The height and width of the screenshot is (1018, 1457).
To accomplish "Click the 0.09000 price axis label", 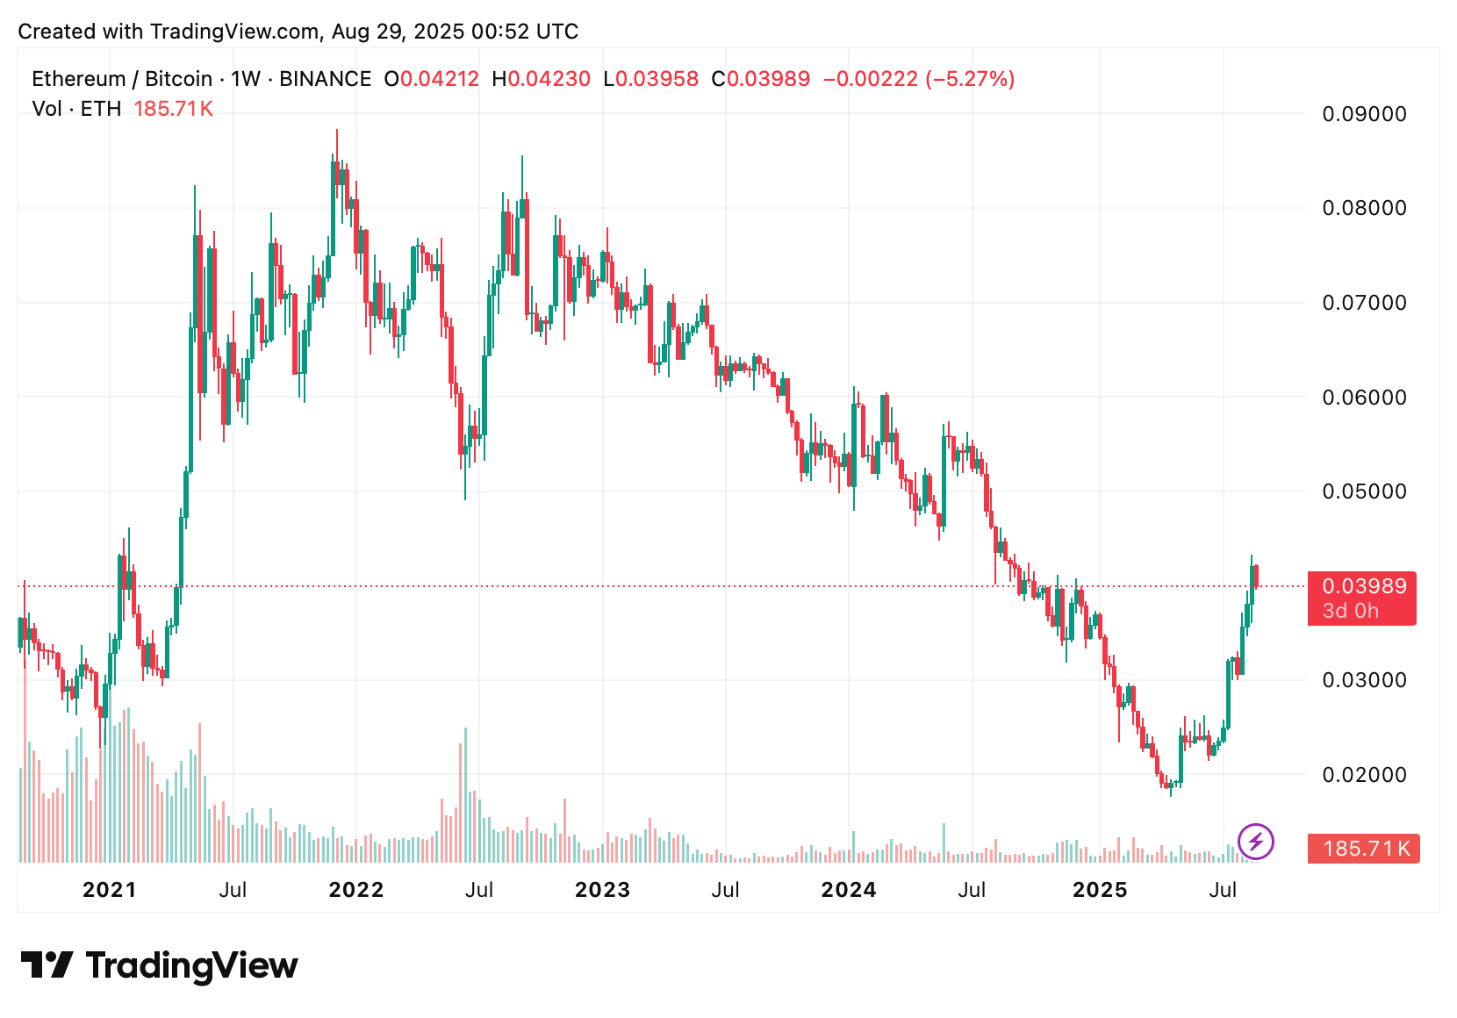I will pos(1364,114).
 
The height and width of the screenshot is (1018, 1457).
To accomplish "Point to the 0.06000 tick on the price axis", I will pos(1364,398).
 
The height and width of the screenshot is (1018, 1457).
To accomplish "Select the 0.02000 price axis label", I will pos(1364,775).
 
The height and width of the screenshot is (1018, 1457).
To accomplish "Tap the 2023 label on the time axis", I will pos(602,890).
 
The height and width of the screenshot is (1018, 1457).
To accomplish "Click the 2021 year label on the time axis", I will pos(109,890).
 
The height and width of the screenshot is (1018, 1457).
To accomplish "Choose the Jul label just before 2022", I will pos(233,890).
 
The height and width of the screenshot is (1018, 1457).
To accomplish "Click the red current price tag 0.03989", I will pos(1363,587).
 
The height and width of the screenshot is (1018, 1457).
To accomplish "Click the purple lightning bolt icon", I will pos(1256,842).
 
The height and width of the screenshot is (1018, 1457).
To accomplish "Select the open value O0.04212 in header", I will pos(432,79).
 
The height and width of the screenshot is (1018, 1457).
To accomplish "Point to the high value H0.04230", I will pos(541,79).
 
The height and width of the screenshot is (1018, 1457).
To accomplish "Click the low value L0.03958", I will pos(650,79).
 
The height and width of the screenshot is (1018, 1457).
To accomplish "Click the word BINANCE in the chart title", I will pos(325,79).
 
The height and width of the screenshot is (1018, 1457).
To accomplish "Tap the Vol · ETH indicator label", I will pos(76,109).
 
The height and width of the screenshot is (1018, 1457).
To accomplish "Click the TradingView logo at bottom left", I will pos(159,965).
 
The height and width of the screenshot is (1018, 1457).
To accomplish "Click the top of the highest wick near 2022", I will pos(336,131).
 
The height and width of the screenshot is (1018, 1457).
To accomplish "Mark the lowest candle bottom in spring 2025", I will pos(1171,795).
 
